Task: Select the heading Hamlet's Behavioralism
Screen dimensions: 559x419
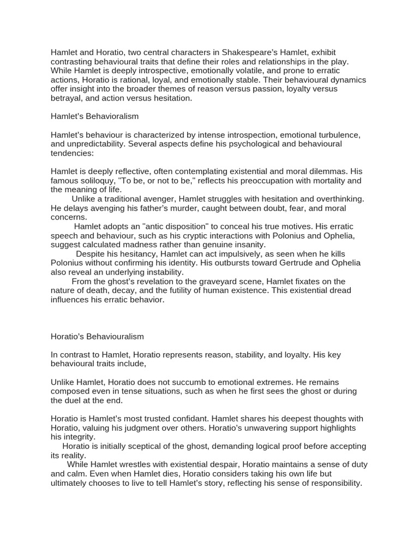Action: pyautogui.click(x=95, y=116)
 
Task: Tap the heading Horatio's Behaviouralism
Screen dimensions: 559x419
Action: pyautogui.click(x=97, y=336)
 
